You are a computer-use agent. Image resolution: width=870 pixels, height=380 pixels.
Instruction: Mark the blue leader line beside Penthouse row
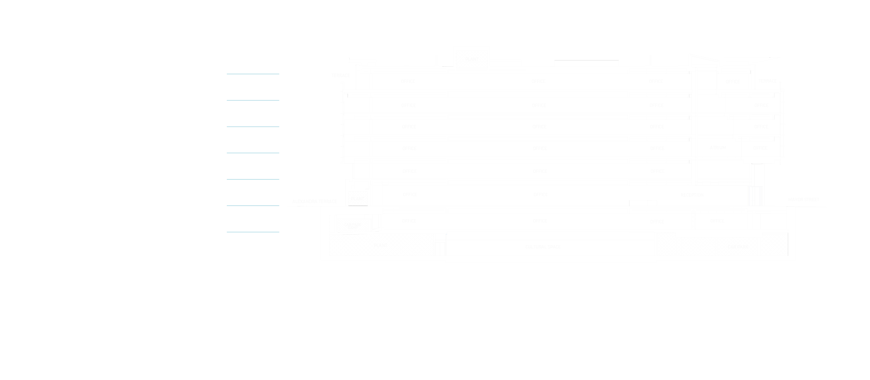253,74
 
